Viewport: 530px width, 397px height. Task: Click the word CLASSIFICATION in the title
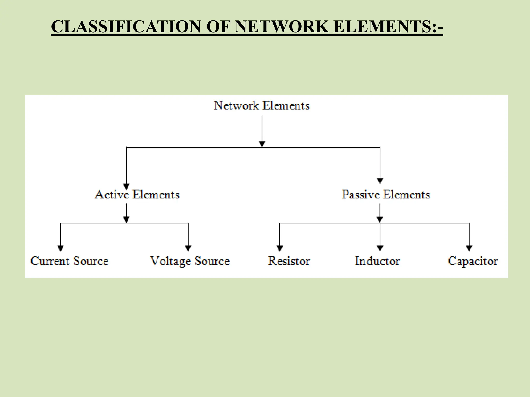pyautogui.click(x=126, y=27)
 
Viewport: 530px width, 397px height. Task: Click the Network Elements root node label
pyautogui.click(x=261, y=106)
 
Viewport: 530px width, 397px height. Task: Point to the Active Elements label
pyautogui.click(x=137, y=195)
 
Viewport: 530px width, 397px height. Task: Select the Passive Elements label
pyautogui.click(x=386, y=195)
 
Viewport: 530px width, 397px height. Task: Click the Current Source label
pyautogui.click(x=69, y=261)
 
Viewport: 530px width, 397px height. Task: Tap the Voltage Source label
pyautogui.click(x=190, y=261)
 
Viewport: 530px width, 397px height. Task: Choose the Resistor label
pyautogui.click(x=289, y=261)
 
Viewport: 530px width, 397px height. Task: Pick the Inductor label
pyautogui.click(x=377, y=261)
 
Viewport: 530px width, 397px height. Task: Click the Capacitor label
pyautogui.click(x=473, y=261)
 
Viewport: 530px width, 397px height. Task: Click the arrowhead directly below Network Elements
pyautogui.click(x=262, y=144)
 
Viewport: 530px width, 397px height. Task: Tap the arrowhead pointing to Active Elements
pyautogui.click(x=126, y=186)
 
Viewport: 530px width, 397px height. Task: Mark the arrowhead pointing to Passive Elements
pyautogui.click(x=380, y=181)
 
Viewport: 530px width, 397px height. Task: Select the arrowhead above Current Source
pyautogui.click(x=60, y=248)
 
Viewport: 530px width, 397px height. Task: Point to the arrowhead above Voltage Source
pyautogui.click(x=188, y=248)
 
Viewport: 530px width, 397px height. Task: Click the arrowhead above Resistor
pyautogui.click(x=279, y=248)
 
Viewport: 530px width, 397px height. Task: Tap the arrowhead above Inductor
pyautogui.click(x=380, y=248)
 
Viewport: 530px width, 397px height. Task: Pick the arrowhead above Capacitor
pyautogui.click(x=469, y=248)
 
